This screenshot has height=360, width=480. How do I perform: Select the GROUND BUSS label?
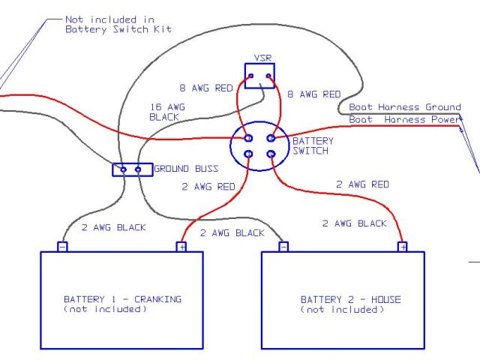185,169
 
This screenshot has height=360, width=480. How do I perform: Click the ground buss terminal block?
131,169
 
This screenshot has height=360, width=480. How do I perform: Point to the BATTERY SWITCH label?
313,145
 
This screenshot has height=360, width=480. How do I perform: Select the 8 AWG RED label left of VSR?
205,88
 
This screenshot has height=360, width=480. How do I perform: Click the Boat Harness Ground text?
404,108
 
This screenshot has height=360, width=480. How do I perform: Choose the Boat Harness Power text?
404,119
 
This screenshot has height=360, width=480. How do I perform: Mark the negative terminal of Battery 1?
62,246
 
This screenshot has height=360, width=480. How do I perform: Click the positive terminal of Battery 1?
181,246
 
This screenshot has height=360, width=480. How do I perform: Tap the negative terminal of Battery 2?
283,246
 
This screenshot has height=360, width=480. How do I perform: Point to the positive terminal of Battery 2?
402,246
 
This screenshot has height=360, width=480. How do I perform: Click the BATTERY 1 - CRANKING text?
122,299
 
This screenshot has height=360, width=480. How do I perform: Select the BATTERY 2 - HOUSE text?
350,300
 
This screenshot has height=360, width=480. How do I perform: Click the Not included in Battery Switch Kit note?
118,24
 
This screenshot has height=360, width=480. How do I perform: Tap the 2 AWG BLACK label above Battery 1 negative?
113,227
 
